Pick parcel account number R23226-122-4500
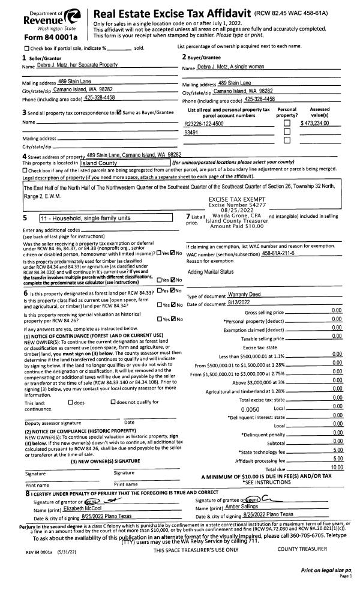point(204,124)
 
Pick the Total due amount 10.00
point(336,468)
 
